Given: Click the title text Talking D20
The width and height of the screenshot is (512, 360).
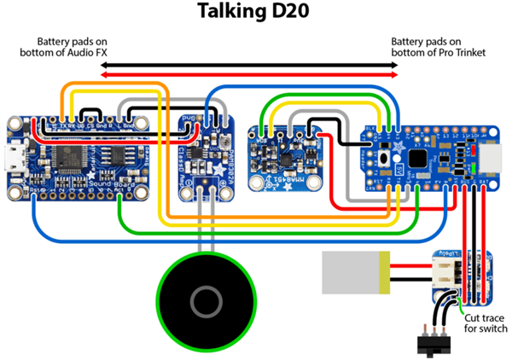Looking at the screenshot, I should tap(255, 12).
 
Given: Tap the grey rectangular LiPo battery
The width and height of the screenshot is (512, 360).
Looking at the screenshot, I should tap(351, 271).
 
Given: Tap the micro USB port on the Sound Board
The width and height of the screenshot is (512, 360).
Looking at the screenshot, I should tap(17, 158).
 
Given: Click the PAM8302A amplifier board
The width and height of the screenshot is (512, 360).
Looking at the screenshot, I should tap(205, 158).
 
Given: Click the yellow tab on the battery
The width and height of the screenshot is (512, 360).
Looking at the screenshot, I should tap(386, 271).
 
